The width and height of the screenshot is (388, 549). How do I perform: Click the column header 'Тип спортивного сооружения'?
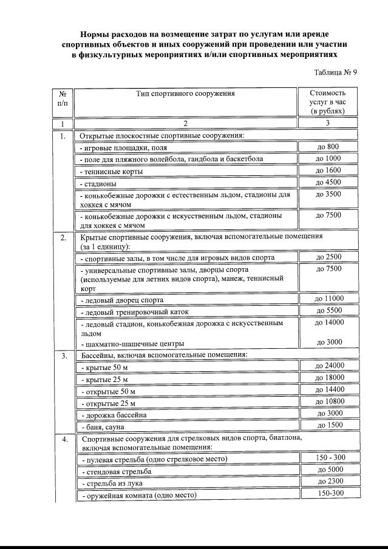click(186, 93)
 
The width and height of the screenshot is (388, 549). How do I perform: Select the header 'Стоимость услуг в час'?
click(327, 103)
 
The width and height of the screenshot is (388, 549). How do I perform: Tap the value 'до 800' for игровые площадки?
click(328, 147)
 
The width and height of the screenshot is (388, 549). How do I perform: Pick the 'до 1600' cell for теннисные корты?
click(328, 170)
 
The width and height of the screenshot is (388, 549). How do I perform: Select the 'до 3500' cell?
click(328, 195)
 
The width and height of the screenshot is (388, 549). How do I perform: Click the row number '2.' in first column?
click(63, 237)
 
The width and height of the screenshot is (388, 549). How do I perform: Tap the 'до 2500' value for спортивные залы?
click(328, 257)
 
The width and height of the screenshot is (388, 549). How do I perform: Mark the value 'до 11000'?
click(328, 298)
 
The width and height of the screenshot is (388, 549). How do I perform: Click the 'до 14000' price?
click(328, 323)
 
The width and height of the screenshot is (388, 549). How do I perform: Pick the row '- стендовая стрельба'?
click(116, 471)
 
